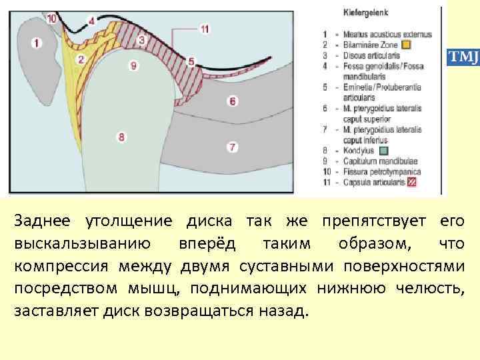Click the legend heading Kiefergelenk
[366, 12]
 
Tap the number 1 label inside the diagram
[35, 43]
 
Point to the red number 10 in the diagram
[52, 19]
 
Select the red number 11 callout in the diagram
[204, 29]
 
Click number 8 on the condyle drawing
[121, 137]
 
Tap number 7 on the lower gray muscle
[232, 146]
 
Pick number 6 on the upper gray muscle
[232, 101]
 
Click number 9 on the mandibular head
[134, 65]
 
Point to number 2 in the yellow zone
[81, 59]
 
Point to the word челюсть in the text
[429, 289]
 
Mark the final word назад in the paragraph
[283, 311]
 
